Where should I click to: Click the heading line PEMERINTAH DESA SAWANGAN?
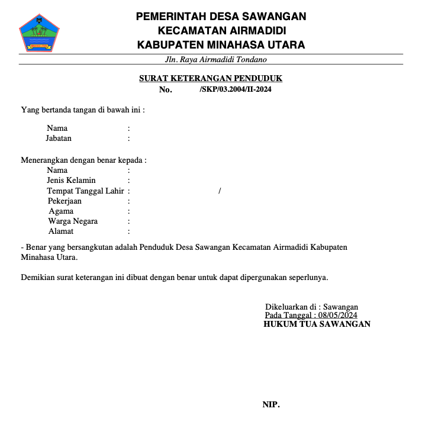pyautogui.click(x=221, y=17)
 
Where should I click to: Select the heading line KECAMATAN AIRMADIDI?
pyautogui.click(x=221, y=30)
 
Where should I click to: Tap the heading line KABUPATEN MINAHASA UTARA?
pyautogui.click(x=221, y=44)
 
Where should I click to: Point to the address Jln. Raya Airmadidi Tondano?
pyautogui.click(x=216, y=60)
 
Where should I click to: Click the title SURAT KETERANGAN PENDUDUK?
pyautogui.click(x=211, y=78)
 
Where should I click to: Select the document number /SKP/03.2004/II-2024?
pyautogui.click(x=236, y=89)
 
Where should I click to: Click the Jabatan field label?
pyautogui.click(x=59, y=139)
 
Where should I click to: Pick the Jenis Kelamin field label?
pyautogui.click(x=71, y=181)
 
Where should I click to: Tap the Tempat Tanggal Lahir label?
pyautogui.click(x=85, y=191)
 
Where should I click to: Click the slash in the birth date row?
pyautogui.click(x=220, y=191)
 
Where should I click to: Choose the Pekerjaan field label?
pyautogui.click(x=65, y=201)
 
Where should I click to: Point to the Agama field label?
pyautogui.click(x=61, y=211)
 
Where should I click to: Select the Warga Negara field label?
pyautogui.click(x=73, y=221)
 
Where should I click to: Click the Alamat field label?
pyautogui.click(x=61, y=231)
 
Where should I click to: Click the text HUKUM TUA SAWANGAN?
pyautogui.click(x=317, y=324)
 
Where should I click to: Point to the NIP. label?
pyautogui.click(x=271, y=405)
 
